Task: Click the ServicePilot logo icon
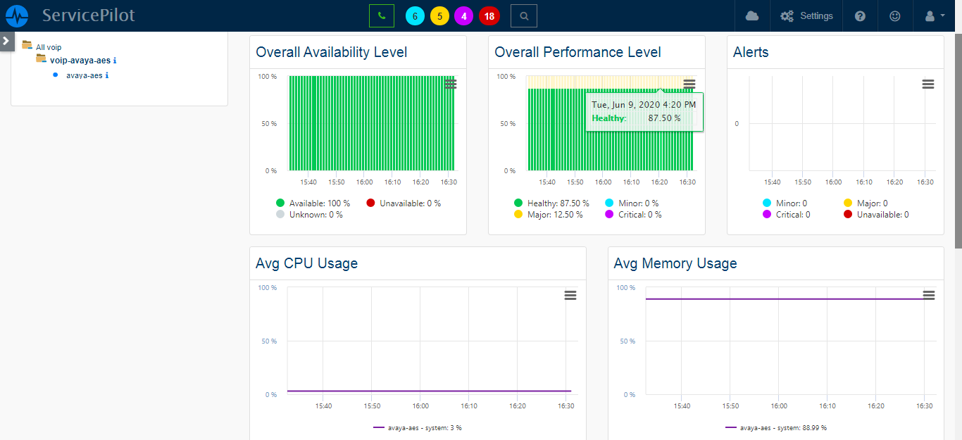(x=17, y=15)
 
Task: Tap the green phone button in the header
(x=382, y=15)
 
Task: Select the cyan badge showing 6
(x=416, y=16)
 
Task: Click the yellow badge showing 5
(x=439, y=16)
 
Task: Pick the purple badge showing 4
(x=463, y=16)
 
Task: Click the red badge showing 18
(x=489, y=16)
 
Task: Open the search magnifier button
(x=523, y=15)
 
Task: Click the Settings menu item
(x=806, y=15)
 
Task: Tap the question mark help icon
(x=860, y=15)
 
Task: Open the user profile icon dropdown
(x=935, y=15)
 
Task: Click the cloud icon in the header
(x=752, y=15)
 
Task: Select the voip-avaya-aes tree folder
(x=80, y=61)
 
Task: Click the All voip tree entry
(x=49, y=47)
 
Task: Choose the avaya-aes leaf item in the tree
(x=84, y=75)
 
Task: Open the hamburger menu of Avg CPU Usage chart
(x=570, y=295)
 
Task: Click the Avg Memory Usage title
(x=675, y=263)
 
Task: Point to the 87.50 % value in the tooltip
(x=664, y=118)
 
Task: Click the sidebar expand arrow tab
(x=6, y=41)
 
